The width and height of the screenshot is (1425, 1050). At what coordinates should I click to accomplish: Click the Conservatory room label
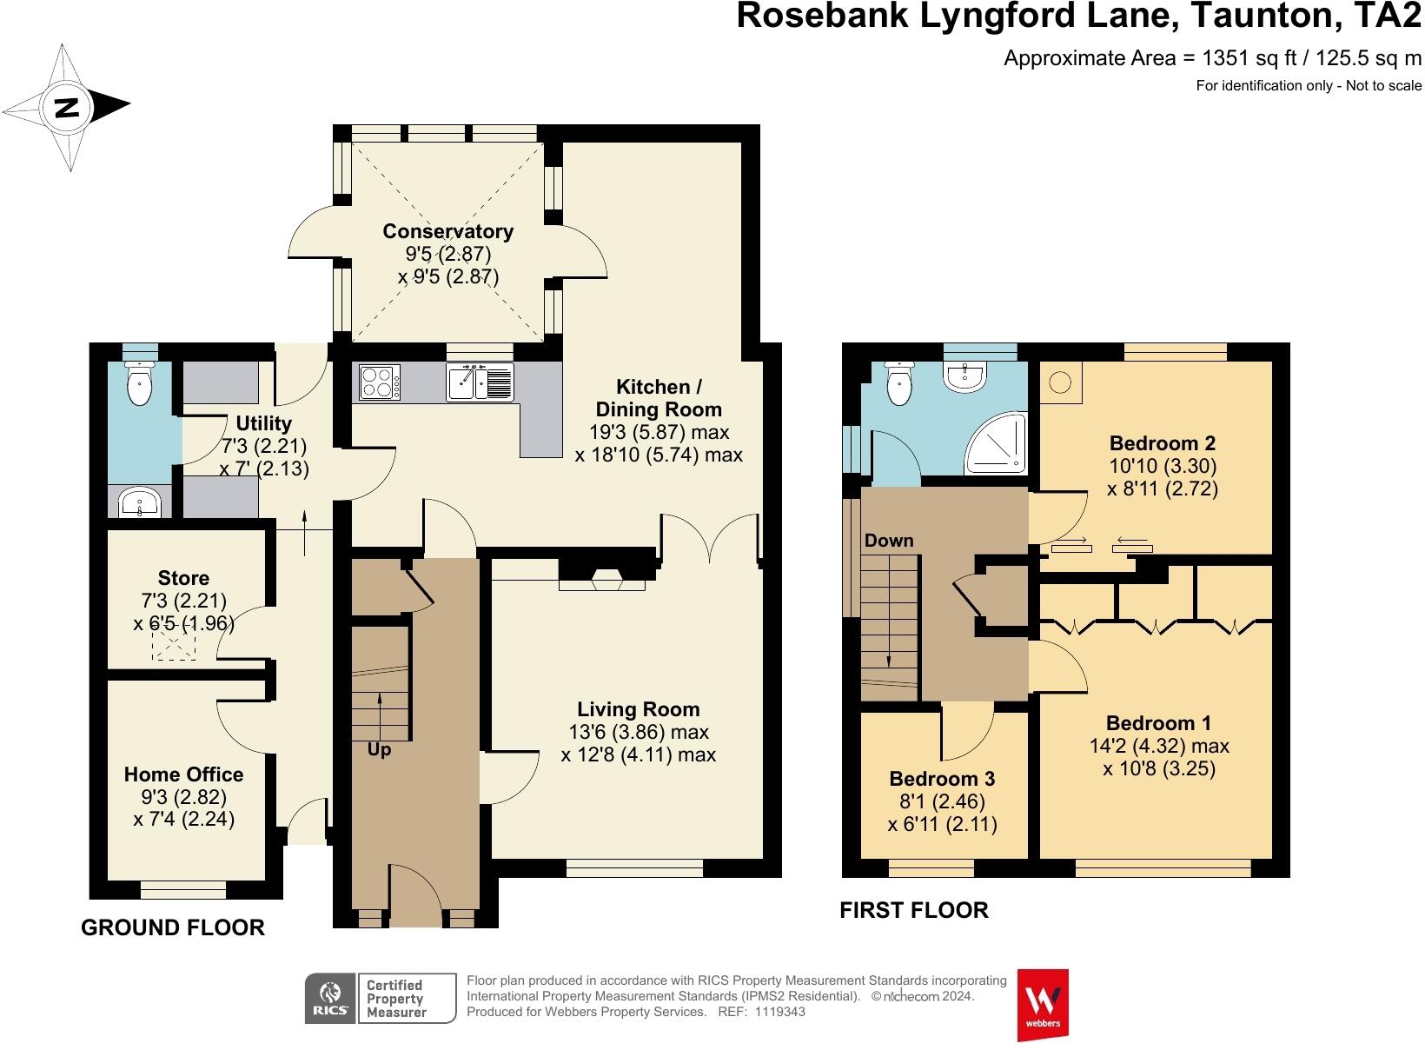447,231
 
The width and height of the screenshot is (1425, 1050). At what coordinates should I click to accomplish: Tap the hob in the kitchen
379,382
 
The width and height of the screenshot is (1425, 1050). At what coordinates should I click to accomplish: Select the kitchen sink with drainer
481,382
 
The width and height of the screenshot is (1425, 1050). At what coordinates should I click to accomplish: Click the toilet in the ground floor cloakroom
139,383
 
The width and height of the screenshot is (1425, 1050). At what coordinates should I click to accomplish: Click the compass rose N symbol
67,108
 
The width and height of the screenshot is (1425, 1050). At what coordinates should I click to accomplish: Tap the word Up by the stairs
379,749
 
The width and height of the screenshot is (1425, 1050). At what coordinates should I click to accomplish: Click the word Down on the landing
888,541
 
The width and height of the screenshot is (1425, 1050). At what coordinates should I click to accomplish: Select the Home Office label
183,774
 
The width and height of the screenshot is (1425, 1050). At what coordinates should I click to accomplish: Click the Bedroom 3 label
942,779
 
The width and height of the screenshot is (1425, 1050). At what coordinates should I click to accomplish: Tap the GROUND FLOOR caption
172,927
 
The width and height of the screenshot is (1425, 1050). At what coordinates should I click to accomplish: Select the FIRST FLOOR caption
913,910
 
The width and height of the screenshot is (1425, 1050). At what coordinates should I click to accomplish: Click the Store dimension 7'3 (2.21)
183,601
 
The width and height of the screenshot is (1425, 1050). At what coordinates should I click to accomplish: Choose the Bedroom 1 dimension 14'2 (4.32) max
1158,746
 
